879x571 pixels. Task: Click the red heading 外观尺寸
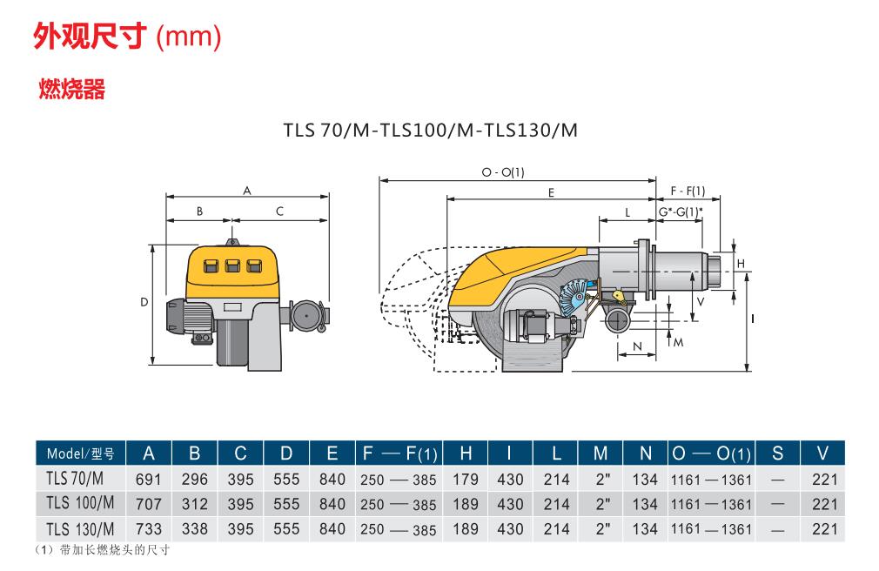coord(91,37)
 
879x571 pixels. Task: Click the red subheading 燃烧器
coord(71,89)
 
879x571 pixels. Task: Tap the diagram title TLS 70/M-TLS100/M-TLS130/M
coord(431,131)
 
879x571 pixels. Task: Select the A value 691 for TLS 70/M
coord(148,480)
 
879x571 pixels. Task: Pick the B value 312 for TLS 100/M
coord(195,504)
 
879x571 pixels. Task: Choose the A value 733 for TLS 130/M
coord(148,529)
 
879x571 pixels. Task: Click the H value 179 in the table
coord(466,480)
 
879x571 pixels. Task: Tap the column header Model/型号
coord(80,453)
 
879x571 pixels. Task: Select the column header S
coord(777,453)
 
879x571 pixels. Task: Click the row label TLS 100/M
coord(80,503)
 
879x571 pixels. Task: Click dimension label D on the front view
coord(144,302)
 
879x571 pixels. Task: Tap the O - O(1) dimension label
coord(503,172)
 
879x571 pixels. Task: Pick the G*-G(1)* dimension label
coord(680,212)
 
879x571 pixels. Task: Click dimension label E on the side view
coord(551,193)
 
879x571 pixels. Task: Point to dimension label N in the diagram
coord(637,346)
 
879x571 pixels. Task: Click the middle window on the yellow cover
coord(232,265)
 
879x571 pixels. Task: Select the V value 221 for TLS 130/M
coord(825,529)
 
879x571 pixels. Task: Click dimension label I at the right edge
coord(752,319)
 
